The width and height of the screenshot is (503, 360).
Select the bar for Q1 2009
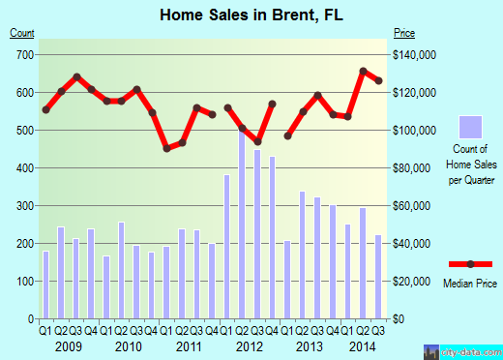pos(45,285)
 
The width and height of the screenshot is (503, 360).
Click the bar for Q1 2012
pos(227,247)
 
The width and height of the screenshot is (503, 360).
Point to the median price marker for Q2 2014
pos(363,71)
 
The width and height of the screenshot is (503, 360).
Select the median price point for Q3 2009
pos(75,76)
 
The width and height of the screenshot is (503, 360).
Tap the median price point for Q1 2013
pos(287,135)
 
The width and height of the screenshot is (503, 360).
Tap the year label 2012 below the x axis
pos(250,346)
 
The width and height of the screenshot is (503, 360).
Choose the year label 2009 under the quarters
pos(68,346)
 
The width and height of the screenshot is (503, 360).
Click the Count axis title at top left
pos(22,33)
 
